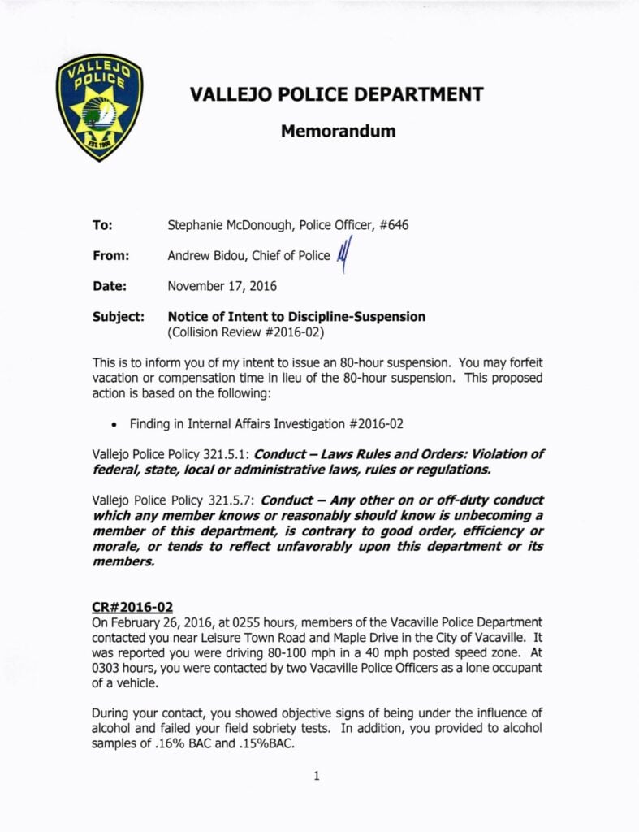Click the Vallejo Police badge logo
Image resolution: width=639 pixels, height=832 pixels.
[100, 108]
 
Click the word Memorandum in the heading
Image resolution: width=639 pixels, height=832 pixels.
[338, 130]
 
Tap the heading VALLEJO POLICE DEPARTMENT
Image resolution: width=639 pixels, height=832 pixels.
[336, 93]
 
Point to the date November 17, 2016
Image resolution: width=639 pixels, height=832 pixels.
[222, 286]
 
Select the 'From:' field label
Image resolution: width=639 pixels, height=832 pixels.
[110, 255]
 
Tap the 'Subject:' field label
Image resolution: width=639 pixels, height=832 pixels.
[119, 317]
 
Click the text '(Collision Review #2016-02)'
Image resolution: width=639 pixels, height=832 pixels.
[246, 332]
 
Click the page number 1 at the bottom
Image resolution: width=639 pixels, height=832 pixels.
[316, 776]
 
